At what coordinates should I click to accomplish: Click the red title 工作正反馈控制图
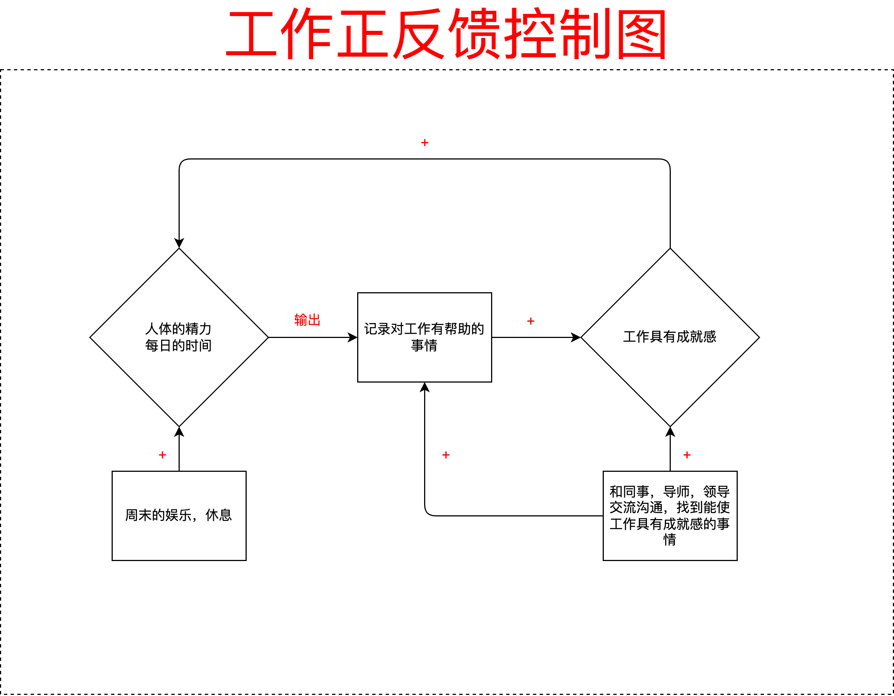(x=446, y=33)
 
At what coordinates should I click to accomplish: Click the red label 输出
(x=307, y=320)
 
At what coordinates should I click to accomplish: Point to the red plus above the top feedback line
(x=424, y=142)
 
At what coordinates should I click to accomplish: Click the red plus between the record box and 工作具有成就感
(x=531, y=321)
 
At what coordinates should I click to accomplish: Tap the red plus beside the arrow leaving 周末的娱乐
(x=163, y=455)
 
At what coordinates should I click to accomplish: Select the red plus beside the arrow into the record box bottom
(x=446, y=455)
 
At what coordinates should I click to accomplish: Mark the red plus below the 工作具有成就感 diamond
(x=687, y=455)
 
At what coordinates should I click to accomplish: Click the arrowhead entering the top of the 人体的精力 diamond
(x=179, y=243)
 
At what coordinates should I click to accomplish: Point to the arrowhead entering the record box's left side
(x=352, y=337)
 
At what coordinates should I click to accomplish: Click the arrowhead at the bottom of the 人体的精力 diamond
(x=179, y=432)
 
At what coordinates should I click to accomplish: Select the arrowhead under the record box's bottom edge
(x=424, y=387)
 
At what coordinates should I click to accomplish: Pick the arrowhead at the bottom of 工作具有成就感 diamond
(x=670, y=432)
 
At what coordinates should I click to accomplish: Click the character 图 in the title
(x=641, y=33)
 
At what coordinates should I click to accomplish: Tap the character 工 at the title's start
(x=250, y=33)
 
